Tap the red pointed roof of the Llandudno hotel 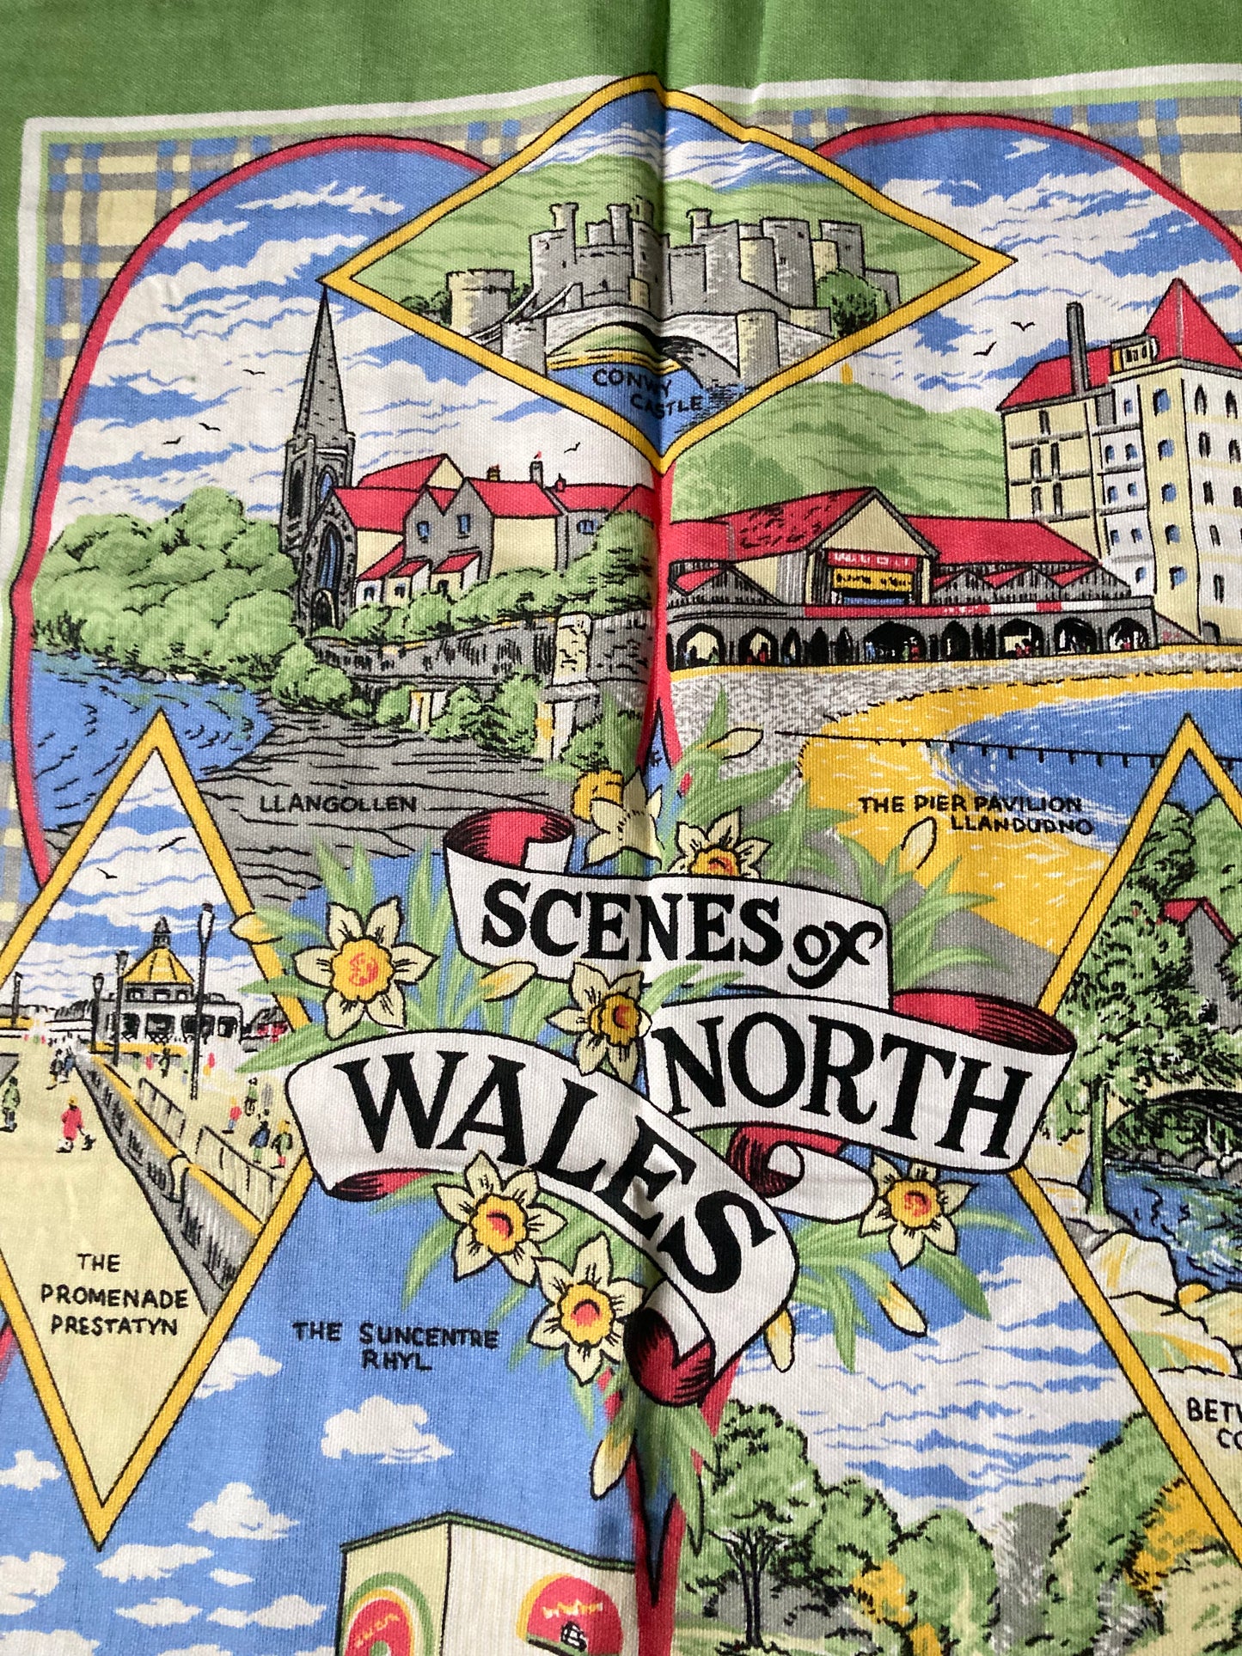(1182, 314)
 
